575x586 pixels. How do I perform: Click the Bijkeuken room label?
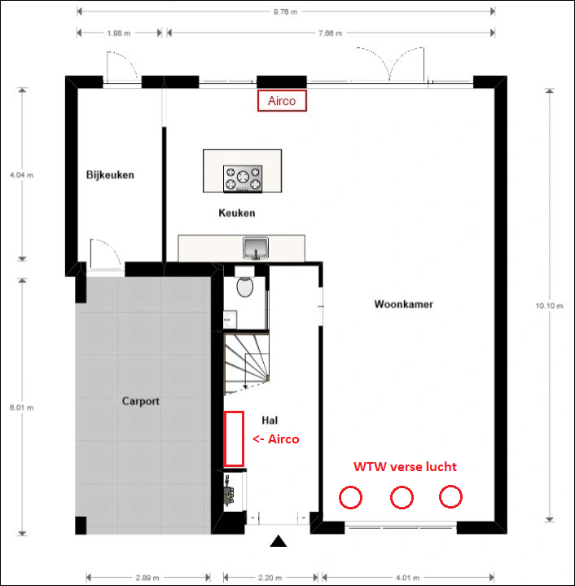(110, 174)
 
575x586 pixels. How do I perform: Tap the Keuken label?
(237, 214)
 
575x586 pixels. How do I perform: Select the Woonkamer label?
(403, 305)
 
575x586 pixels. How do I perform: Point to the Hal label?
(270, 420)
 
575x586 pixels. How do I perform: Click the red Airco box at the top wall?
(282, 100)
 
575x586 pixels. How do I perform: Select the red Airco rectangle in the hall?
(234, 438)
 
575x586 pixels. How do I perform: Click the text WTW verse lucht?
(404, 467)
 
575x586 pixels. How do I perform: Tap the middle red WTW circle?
(402, 497)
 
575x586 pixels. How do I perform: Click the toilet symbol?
(244, 288)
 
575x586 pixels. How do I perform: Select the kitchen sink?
(257, 247)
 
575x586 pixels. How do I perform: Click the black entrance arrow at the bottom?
(279, 540)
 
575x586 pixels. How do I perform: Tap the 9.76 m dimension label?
(284, 11)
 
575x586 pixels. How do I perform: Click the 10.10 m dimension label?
(550, 306)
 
